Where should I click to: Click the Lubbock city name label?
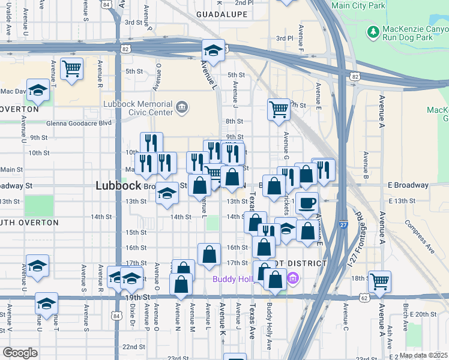click(x=118, y=186)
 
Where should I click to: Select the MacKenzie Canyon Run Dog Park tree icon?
click(x=373, y=31)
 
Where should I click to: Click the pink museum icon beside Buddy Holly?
click(x=293, y=278)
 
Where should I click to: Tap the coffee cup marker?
click(x=307, y=203)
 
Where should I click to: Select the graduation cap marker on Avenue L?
click(x=212, y=50)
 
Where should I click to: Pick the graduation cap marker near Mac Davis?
click(x=38, y=91)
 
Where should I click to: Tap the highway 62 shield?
click(x=365, y=297)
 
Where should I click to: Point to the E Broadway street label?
click(x=408, y=185)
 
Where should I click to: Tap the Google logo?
click(x=20, y=353)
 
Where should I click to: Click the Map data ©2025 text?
click(x=423, y=355)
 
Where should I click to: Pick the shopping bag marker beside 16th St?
click(x=208, y=254)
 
